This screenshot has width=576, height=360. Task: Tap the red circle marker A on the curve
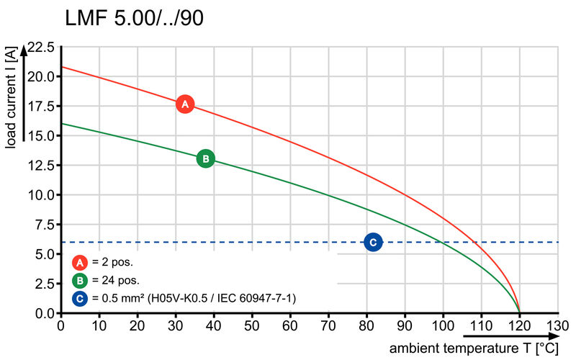click(x=185, y=104)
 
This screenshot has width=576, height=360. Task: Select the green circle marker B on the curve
click(x=205, y=158)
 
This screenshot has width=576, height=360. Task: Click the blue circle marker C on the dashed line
click(x=373, y=242)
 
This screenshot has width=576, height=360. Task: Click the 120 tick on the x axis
click(x=519, y=325)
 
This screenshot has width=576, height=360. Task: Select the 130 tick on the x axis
click(x=557, y=325)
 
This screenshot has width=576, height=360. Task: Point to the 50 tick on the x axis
click(x=252, y=325)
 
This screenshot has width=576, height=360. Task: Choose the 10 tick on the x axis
click(x=99, y=325)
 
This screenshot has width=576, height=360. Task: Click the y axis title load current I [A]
click(x=11, y=97)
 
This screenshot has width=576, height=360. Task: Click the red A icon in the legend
click(x=81, y=263)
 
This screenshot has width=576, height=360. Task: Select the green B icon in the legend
click(x=81, y=280)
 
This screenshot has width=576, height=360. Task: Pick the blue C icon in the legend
click(x=81, y=297)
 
